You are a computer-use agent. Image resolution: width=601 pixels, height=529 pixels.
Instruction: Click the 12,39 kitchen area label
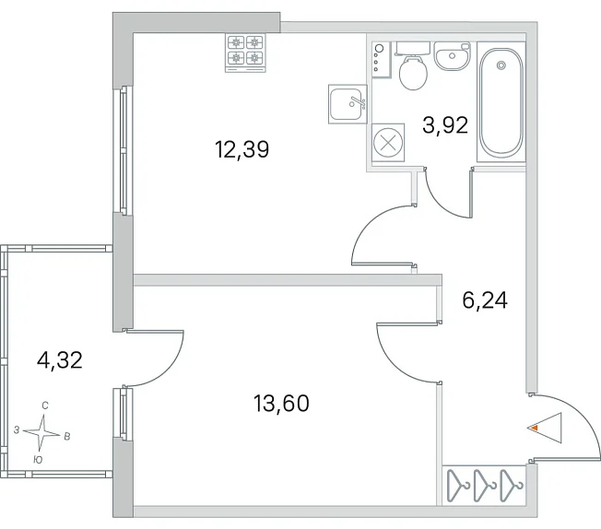242,149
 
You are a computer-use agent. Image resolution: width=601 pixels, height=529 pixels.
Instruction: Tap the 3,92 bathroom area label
445,125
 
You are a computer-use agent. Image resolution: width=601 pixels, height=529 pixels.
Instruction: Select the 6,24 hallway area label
485,300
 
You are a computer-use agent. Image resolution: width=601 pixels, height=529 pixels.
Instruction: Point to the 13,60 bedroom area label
281,404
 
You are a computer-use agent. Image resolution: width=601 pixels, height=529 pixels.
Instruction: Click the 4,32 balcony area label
60,360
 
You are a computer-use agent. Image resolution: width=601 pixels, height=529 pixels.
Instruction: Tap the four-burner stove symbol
245,53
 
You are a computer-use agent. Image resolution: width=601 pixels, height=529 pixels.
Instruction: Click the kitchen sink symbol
348,104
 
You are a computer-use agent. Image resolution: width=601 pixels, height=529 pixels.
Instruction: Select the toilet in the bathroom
412,65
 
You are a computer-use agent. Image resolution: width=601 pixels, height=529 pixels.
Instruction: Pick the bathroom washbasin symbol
453,56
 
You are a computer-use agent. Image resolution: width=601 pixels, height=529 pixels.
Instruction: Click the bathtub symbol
501,102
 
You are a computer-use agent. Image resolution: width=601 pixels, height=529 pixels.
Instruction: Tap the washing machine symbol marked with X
388,143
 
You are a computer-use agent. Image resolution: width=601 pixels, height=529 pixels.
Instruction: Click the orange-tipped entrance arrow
545,428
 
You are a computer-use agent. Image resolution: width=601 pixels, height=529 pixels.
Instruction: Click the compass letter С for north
45,406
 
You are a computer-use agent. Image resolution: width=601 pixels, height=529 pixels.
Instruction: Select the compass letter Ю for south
38,460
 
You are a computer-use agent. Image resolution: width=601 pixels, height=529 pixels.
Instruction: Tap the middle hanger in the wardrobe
485,485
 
